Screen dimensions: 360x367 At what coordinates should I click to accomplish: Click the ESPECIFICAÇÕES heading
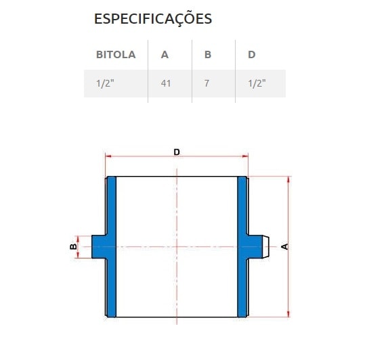coord(152,19)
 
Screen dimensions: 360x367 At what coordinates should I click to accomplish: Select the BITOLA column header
coord(116,55)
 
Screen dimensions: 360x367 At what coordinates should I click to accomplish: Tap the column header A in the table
coord(165,55)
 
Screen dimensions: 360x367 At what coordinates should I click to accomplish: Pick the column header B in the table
coord(208,55)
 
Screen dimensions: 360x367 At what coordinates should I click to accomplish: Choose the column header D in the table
coord(251,55)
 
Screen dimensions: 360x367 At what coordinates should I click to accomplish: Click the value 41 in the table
coord(166,83)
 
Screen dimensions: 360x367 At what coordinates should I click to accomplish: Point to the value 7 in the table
coord(207,83)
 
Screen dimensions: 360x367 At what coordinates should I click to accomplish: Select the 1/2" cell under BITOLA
coord(105,83)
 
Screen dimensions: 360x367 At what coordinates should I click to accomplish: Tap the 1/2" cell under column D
coord(257,83)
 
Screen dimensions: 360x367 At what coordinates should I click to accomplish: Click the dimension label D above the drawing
coord(177,152)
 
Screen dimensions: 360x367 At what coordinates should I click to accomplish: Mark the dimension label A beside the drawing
coord(284,246)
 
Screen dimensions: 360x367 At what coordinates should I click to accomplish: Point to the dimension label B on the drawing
coord(72,246)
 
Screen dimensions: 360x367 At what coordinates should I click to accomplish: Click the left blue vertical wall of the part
coord(112,203)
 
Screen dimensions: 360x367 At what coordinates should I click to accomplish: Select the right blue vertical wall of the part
coord(242,203)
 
